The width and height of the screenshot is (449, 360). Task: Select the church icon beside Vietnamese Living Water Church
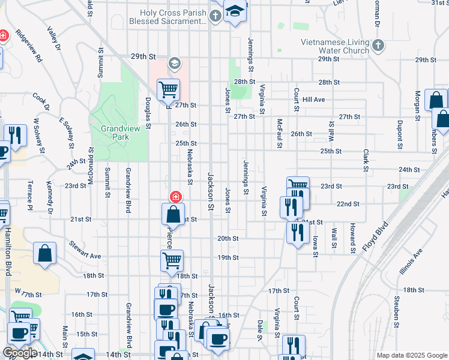point(378,46)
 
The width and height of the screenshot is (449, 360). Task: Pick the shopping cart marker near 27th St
point(169,90)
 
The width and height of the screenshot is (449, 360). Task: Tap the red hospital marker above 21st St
point(175,196)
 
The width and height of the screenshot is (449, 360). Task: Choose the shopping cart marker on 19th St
point(172,260)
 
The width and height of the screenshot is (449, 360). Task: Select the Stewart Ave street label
point(85,250)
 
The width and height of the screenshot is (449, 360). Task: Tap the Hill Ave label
point(314,100)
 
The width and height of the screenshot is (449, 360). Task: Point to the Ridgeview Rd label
point(28,46)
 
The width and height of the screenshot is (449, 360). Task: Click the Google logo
point(20,353)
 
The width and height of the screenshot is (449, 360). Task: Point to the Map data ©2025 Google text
point(411,355)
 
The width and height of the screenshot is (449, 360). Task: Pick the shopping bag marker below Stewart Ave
point(45,253)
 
